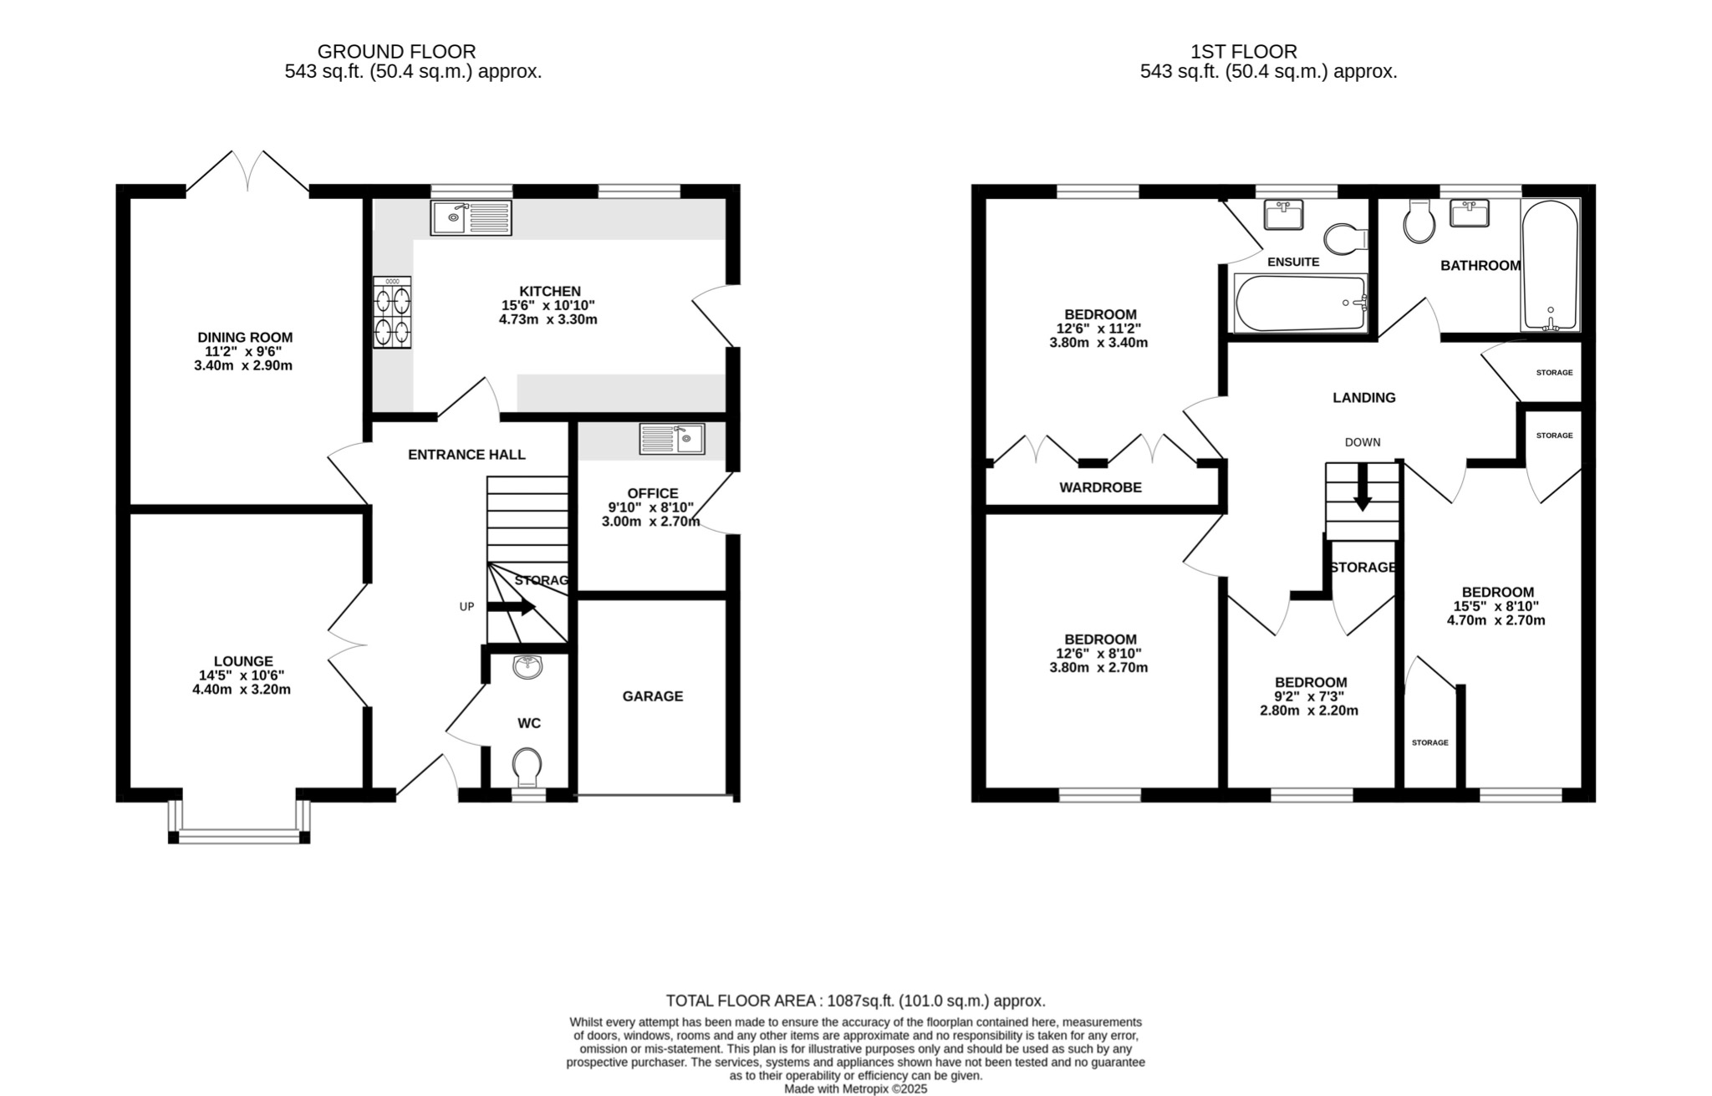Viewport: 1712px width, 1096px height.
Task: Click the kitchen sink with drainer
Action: (471, 218)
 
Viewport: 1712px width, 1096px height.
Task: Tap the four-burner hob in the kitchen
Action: (392, 312)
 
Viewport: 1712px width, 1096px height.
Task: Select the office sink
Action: (672, 439)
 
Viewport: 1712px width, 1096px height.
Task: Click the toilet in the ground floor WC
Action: (527, 766)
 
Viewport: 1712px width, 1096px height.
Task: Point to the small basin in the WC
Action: (528, 667)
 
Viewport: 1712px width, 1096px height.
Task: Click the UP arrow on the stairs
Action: (512, 607)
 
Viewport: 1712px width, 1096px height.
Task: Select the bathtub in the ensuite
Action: (1300, 303)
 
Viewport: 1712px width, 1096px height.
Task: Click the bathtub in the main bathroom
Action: (1551, 265)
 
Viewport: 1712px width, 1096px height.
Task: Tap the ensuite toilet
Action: (1345, 237)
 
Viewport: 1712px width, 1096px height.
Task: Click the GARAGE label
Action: (652, 696)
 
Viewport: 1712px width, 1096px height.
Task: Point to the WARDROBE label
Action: (1100, 487)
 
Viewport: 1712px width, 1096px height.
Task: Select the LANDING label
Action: (1363, 398)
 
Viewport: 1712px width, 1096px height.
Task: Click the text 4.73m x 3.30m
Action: (548, 319)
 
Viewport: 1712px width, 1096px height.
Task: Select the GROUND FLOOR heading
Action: (396, 52)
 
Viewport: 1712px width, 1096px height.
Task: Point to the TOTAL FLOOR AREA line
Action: (855, 1001)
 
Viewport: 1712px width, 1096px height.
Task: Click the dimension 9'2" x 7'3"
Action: (1308, 696)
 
